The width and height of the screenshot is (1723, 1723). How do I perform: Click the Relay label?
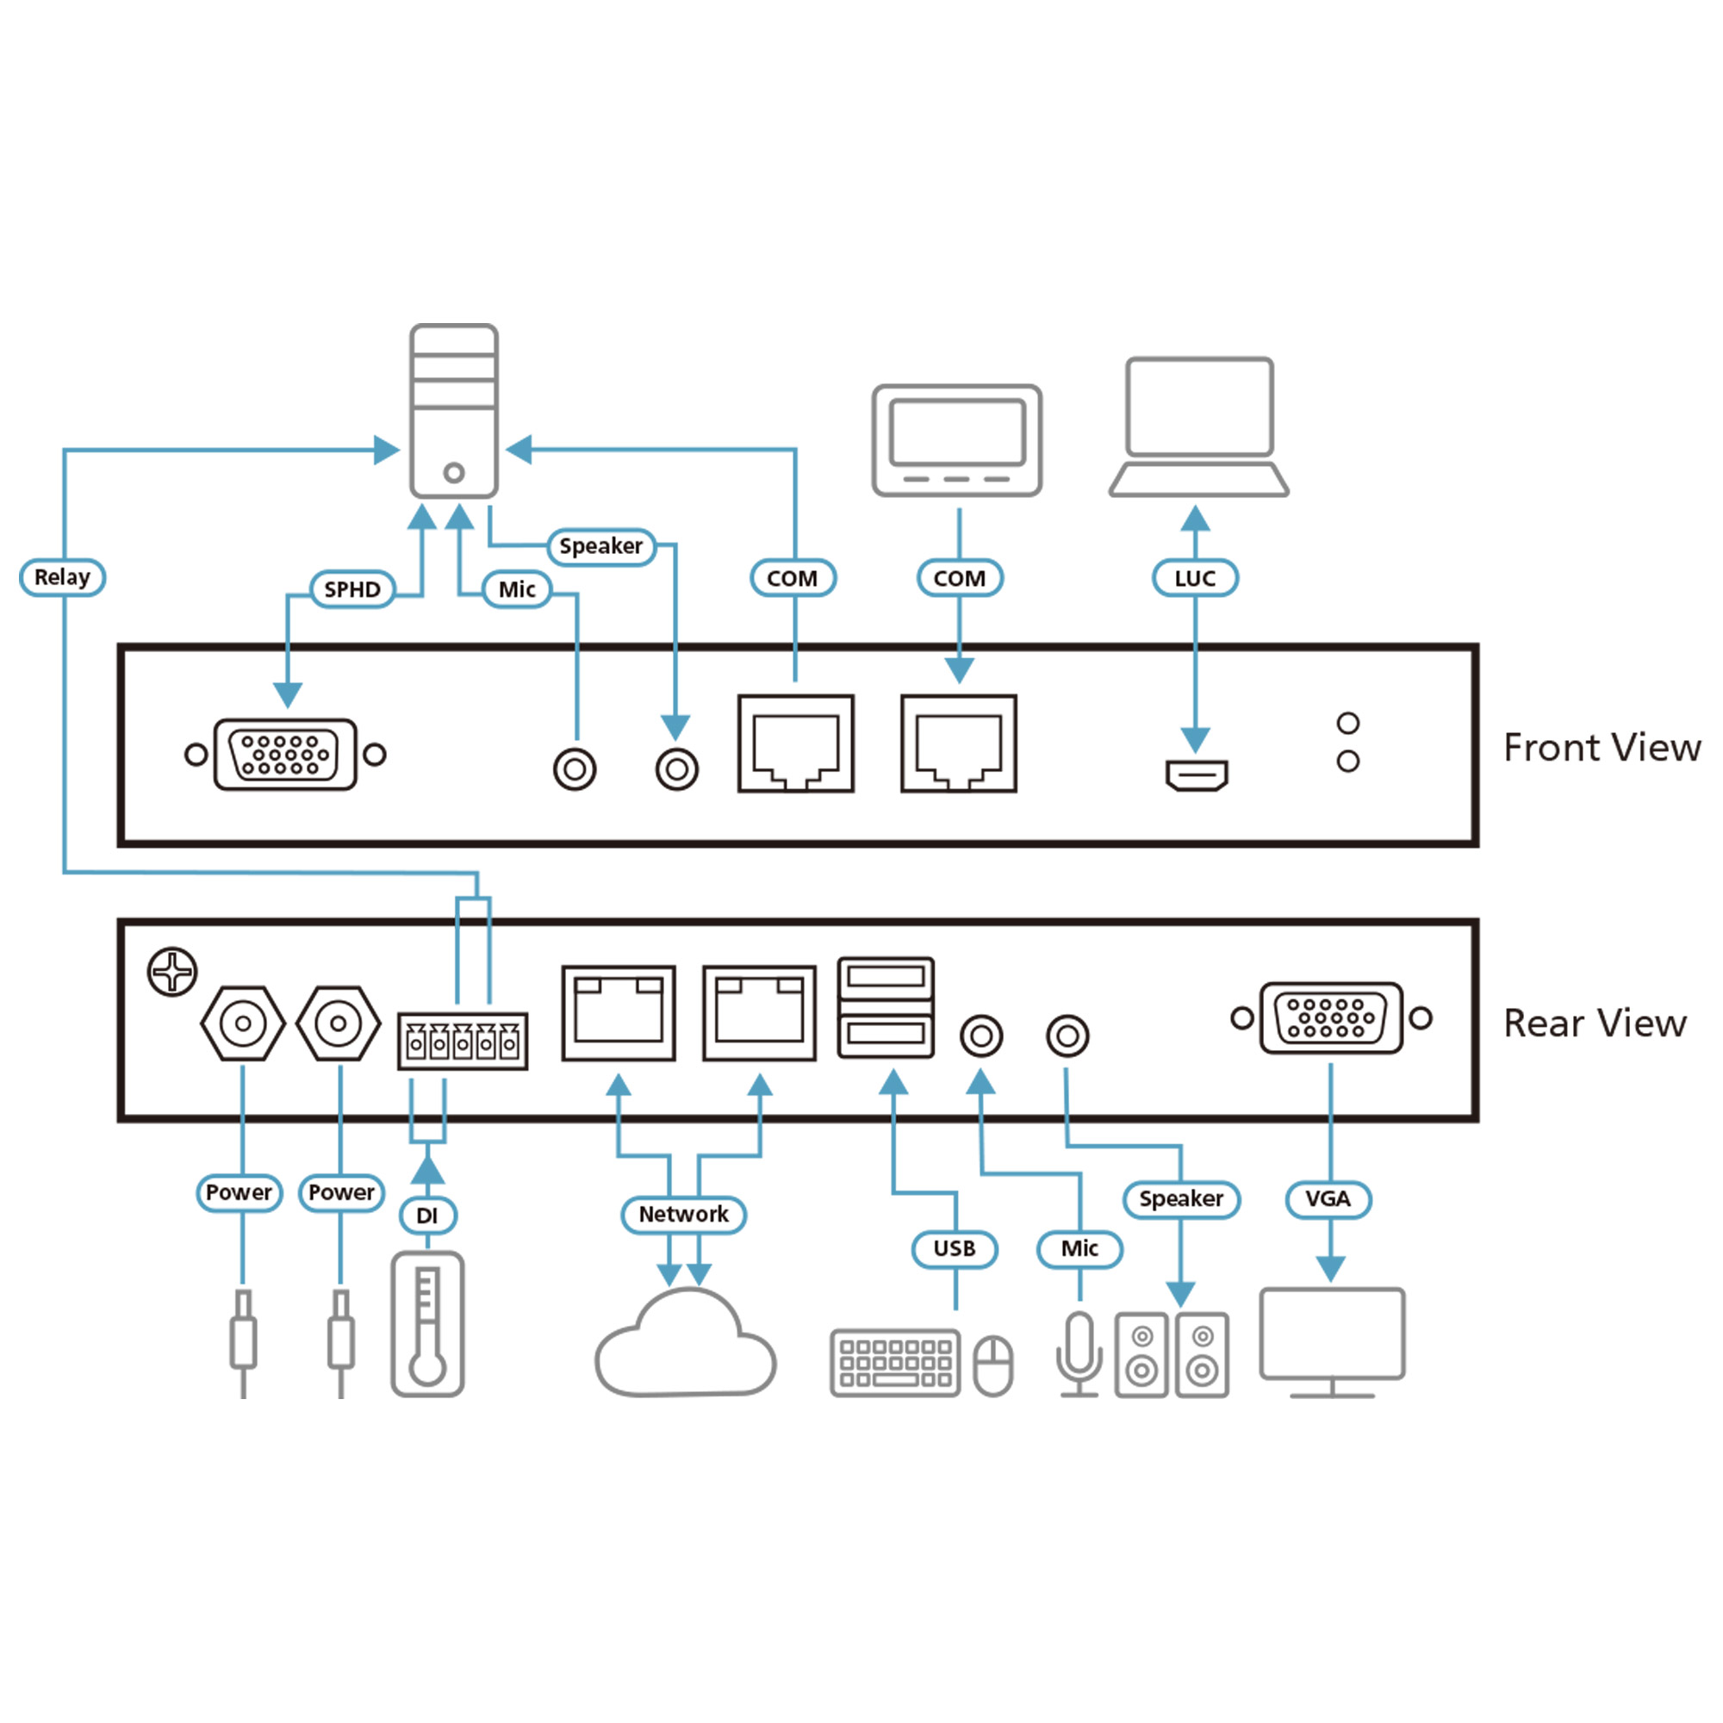(62, 577)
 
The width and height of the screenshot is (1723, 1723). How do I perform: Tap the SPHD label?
(352, 589)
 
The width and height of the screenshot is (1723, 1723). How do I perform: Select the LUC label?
(1194, 578)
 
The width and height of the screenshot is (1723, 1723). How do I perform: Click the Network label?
(683, 1215)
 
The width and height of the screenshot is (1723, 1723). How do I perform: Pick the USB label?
(955, 1248)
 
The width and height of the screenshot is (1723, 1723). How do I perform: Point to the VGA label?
(1328, 1199)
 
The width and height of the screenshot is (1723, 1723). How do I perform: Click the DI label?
(427, 1216)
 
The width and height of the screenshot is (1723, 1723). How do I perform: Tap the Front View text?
(1602, 747)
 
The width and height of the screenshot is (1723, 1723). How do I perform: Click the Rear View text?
(1595, 1023)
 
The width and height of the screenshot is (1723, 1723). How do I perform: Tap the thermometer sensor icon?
(427, 1323)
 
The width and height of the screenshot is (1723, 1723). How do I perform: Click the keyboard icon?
(894, 1363)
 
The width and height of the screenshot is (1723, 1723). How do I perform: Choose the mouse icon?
(992, 1365)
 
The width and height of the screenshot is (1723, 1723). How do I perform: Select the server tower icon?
(454, 410)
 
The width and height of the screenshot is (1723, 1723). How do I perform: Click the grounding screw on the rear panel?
(172, 971)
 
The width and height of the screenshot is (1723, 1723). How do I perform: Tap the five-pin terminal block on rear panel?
(462, 1041)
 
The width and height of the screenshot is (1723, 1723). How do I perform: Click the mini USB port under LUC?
(1197, 774)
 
